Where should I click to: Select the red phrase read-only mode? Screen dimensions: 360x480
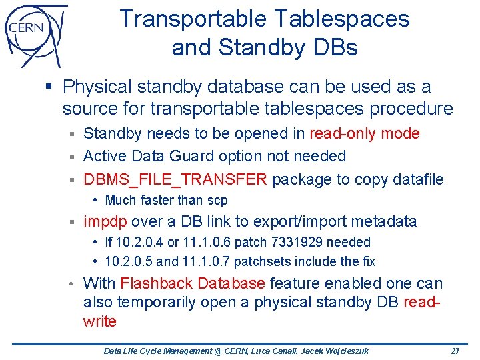tap(365, 133)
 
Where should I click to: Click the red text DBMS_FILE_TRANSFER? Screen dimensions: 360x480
tap(175, 179)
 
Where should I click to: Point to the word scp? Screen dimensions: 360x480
tap(217, 200)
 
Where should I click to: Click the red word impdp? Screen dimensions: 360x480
tap(105, 221)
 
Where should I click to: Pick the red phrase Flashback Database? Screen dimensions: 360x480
tap(193, 283)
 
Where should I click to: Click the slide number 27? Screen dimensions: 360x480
tap(455, 351)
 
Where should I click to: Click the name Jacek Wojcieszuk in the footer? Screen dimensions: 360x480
tap(339, 351)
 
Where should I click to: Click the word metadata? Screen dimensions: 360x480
tap(382, 221)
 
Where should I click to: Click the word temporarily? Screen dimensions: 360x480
tap(165, 303)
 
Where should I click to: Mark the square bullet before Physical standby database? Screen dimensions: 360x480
tap(51, 87)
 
